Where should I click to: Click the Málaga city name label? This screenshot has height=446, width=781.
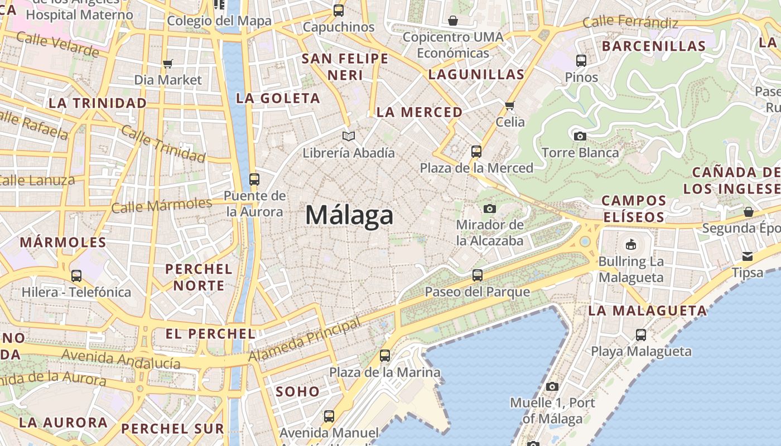(349, 215)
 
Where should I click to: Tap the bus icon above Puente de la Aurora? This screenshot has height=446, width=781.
(254, 180)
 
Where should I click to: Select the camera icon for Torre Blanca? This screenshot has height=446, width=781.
(580, 136)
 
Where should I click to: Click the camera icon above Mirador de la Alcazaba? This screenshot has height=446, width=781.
(490, 209)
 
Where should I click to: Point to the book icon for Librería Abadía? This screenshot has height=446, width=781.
(349, 136)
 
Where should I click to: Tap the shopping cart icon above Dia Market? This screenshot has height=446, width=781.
(167, 64)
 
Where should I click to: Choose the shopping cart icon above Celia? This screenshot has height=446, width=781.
(509, 105)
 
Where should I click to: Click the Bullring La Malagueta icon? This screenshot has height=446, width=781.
(631, 244)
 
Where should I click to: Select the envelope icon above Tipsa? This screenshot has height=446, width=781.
(748, 256)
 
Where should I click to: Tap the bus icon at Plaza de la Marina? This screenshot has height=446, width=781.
(385, 355)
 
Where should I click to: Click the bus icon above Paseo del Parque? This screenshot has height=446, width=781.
(478, 275)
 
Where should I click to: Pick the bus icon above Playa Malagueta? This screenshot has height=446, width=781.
(641, 335)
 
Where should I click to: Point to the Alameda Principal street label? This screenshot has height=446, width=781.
(305, 340)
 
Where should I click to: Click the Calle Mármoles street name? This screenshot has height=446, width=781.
(162, 206)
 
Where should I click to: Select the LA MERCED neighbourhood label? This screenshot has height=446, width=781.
(420, 112)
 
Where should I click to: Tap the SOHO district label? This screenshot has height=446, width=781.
(298, 391)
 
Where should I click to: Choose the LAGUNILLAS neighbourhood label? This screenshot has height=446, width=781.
(476, 75)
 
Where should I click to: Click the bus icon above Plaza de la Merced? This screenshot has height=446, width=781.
(476, 151)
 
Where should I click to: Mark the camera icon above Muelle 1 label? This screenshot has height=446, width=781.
(552, 386)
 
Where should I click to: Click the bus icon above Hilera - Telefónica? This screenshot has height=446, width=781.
(76, 275)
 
